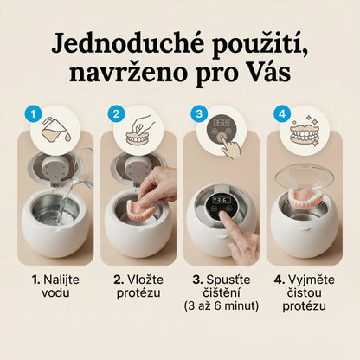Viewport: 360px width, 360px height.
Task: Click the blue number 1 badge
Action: click(x=33, y=114)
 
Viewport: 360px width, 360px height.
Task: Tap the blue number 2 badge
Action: click(x=116, y=114)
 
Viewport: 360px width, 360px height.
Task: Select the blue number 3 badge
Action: click(x=199, y=114)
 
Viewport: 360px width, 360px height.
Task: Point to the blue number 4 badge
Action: click(x=282, y=114)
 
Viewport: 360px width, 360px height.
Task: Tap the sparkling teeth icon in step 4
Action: click(x=305, y=132)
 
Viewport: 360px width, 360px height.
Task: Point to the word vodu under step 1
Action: click(x=55, y=293)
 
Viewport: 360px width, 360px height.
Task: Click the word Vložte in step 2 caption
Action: click(x=145, y=280)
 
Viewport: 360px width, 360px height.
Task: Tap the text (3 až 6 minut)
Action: click(x=222, y=306)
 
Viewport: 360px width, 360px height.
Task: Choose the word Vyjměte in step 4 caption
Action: click(x=312, y=280)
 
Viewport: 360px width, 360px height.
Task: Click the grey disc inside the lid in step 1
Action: click(x=56, y=170)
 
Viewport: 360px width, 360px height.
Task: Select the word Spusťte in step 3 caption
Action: click(x=228, y=280)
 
